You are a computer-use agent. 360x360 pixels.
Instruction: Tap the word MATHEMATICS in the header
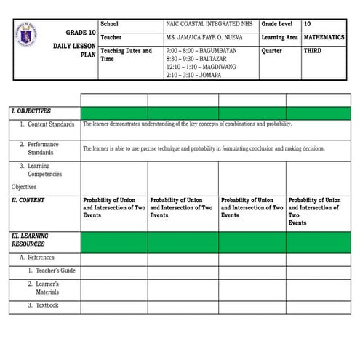324,37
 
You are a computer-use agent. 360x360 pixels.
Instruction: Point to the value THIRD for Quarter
313,51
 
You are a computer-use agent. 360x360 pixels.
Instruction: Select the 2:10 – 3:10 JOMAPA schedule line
194,75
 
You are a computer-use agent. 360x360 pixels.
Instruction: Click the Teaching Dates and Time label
127,55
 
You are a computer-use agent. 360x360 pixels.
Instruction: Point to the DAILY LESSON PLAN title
73,50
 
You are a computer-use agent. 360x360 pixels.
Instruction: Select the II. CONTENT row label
28,199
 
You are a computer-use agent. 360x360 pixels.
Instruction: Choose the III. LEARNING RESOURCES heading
30,240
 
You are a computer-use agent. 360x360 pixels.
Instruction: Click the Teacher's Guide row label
52,270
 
